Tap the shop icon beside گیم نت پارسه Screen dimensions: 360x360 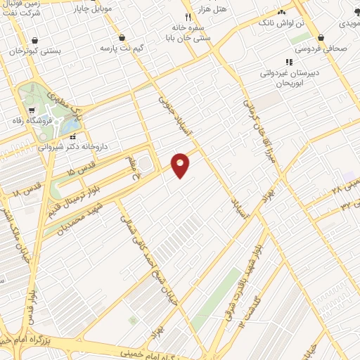[x=122, y=37]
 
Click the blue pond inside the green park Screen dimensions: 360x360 [x=70, y=127]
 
